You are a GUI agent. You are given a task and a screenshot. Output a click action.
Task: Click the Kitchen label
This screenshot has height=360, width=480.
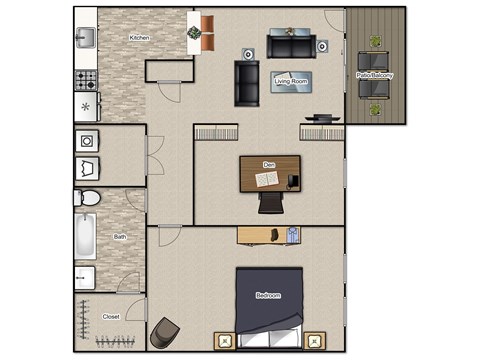(x=139, y=38)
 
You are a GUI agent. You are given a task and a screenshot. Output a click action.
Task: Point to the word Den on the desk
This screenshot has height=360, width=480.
(x=268, y=163)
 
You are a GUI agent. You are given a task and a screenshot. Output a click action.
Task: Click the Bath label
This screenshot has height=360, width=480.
(x=120, y=237)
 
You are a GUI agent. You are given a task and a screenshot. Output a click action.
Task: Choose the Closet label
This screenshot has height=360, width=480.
(x=112, y=316)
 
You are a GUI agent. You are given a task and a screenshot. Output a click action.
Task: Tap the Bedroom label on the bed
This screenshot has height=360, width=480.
(x=268, y=295)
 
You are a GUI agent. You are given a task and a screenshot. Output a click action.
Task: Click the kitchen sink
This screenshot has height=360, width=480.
(x=85, y=39)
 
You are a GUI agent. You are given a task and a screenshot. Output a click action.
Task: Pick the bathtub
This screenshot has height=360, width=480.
(x=85, y=237)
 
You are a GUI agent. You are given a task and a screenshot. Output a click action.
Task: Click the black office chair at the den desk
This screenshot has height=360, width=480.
(x=270, y=203)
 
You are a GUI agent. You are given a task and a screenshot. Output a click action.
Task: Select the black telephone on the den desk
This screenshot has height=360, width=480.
(x=293, y=180)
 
